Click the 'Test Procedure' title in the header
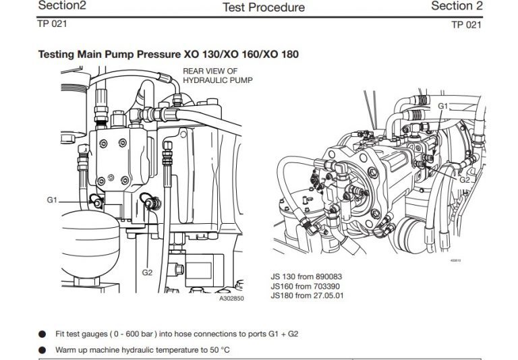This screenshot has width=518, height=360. pos(263,7)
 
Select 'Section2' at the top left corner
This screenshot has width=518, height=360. pos(62,5)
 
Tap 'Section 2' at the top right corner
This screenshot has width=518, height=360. pos(457,6)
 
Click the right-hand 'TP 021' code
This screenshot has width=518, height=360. pos(467,24)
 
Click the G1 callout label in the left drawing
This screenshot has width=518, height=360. pos(53,200)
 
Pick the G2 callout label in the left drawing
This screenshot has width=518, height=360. pos(148,272)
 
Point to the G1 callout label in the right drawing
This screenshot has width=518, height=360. pos(442,106)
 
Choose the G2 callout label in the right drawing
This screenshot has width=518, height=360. pos(465,180)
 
